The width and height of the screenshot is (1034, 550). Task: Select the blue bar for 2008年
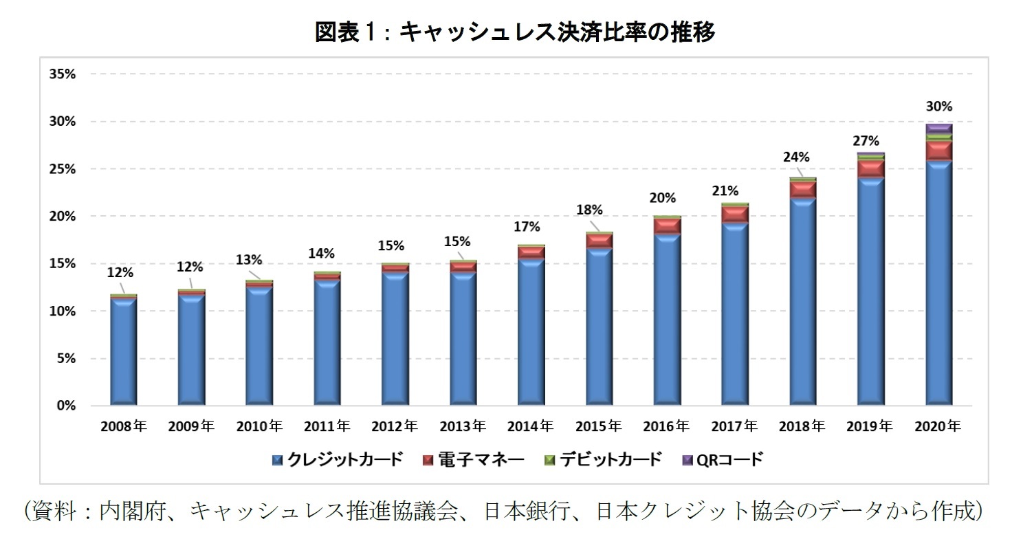click(123, 351)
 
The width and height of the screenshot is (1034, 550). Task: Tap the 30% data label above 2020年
click(938, 107)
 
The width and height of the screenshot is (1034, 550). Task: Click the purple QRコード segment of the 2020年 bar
click(938, 128)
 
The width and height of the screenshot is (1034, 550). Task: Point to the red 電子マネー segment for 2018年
click(802, 189)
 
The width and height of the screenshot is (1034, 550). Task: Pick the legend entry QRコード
click(721, 459)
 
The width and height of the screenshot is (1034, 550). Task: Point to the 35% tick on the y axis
click(61, 74)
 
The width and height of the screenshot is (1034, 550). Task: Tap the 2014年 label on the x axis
click(530, 426)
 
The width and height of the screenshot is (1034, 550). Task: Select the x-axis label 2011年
click(327, 426)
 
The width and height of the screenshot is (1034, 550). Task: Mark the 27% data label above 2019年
click(866, 141)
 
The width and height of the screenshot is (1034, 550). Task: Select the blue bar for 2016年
click(667, 316)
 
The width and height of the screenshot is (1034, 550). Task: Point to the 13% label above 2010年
click(249, 260)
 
